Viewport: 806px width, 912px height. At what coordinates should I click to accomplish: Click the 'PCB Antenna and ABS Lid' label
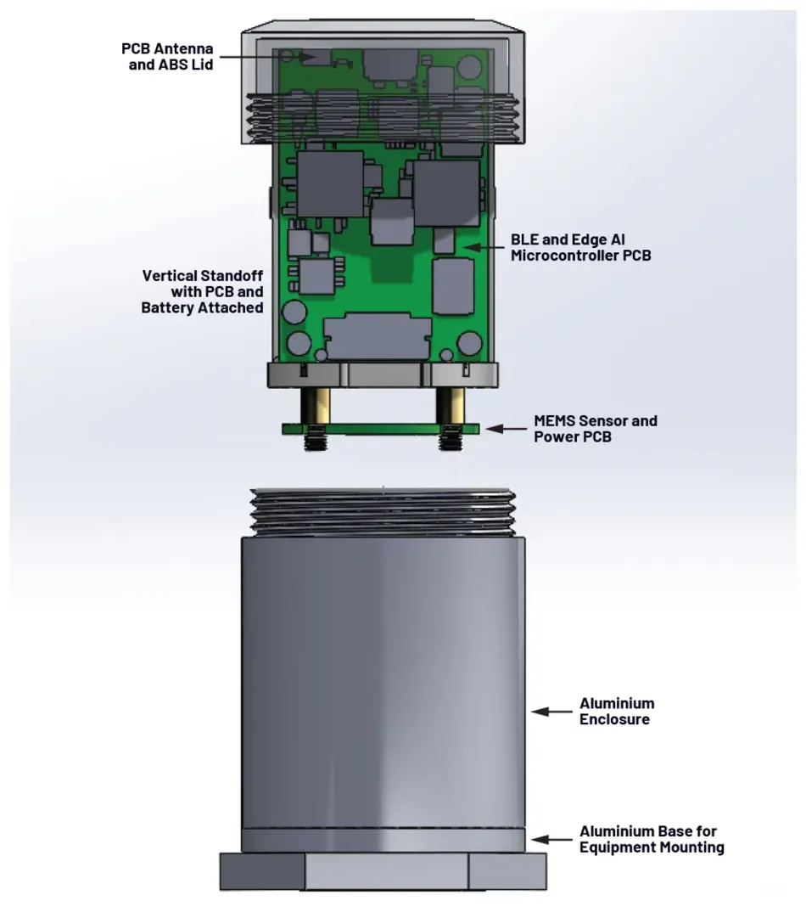[x=167, y=55]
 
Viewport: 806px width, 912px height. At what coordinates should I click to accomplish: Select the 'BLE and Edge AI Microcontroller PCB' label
[x=581, y=247]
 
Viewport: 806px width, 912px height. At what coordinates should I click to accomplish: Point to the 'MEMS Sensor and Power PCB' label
[x=595, y=428]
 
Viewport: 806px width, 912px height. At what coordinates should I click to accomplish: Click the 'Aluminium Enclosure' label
[x=617, y=711]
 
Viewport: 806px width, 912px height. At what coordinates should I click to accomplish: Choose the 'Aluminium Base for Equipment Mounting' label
[x=652, y=839]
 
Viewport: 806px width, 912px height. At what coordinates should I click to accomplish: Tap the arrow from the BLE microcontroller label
[x=483, y=247]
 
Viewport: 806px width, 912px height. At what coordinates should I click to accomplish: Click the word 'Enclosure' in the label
[x=614, y=719]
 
